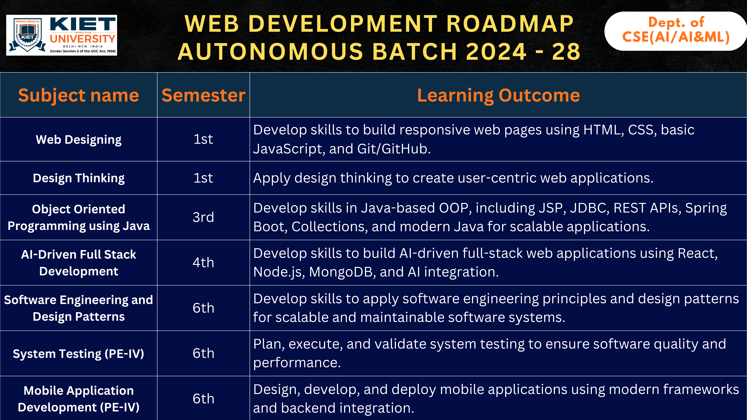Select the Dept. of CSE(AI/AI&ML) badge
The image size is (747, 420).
tap(676, 30)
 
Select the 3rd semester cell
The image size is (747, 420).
tap(203, 217)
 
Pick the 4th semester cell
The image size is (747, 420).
tap(203, 263)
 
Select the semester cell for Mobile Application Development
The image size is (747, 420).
tap(203, 399)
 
